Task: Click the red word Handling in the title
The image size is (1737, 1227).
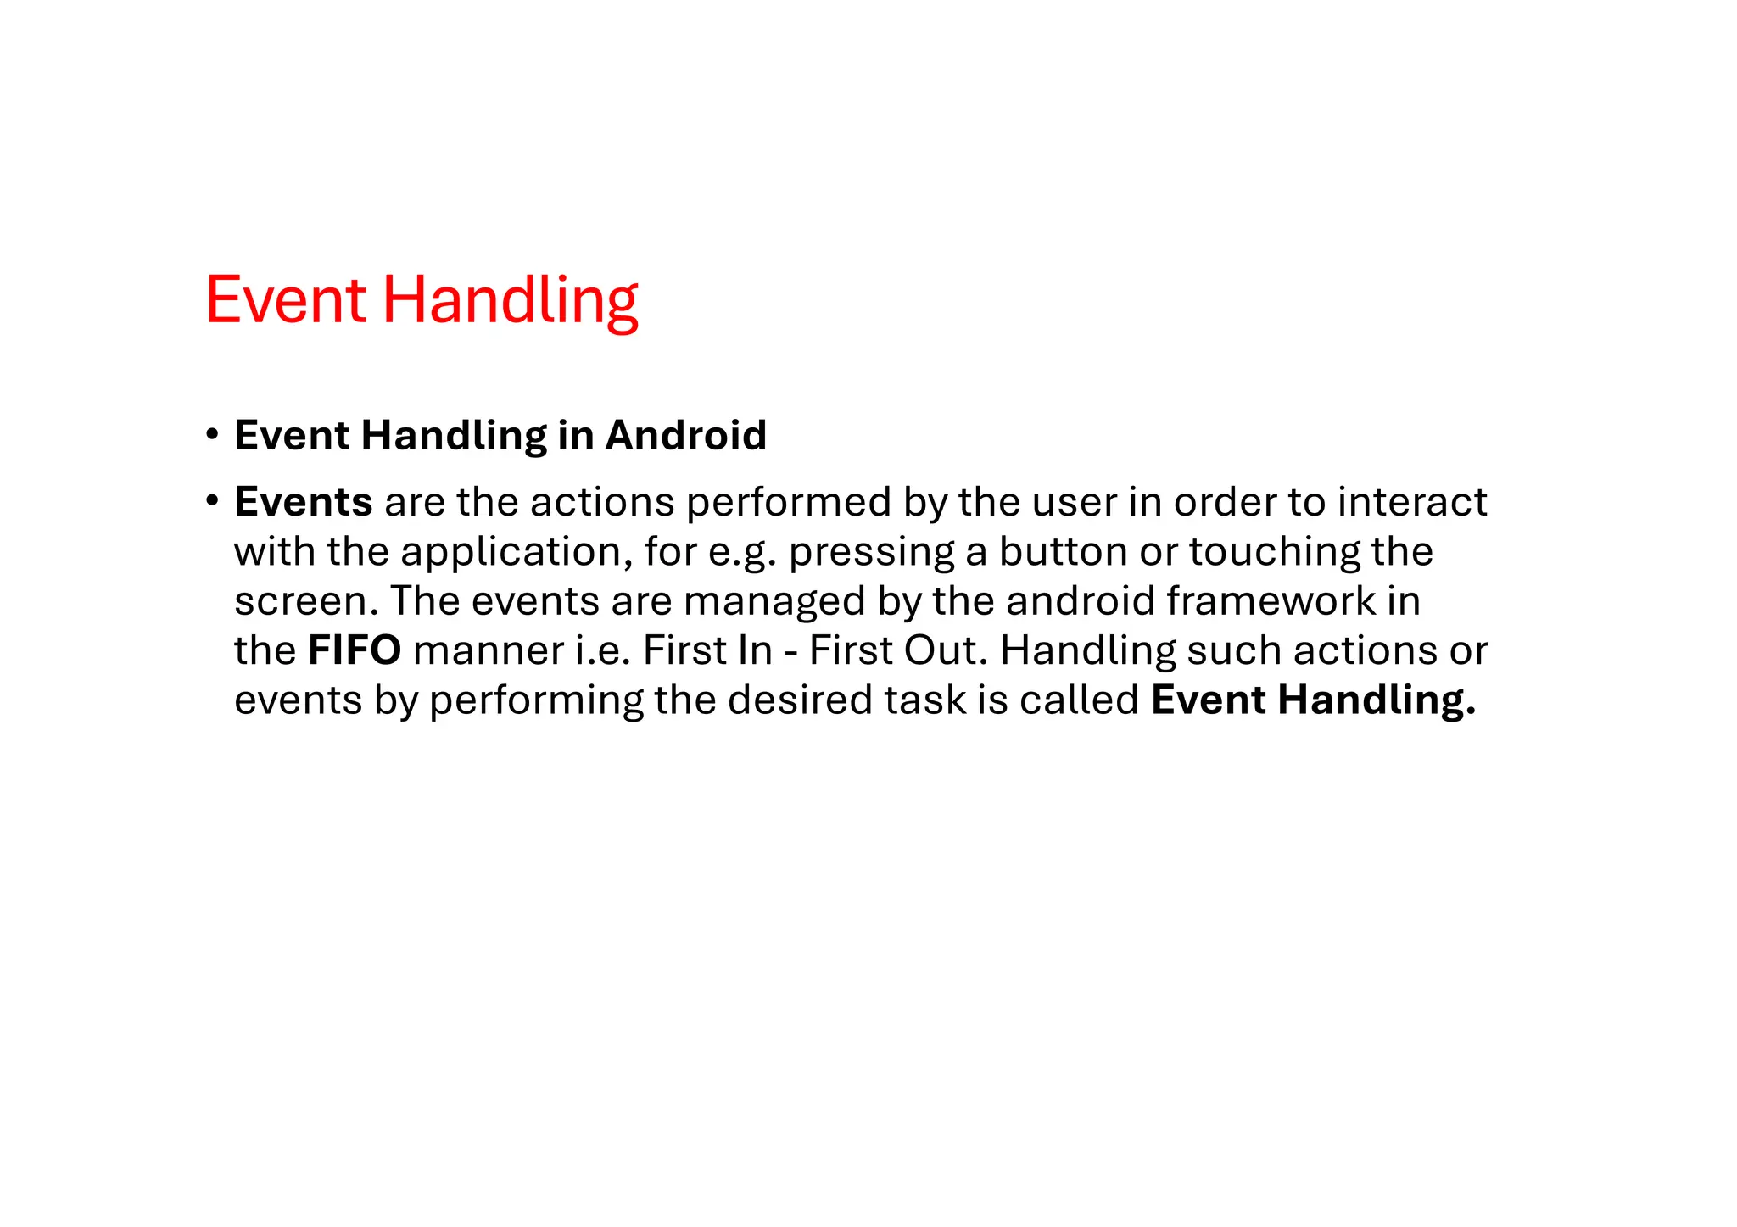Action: pyautogui.click(x=510, y=302)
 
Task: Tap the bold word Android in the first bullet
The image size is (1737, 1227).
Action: pyautogui.click(x=686, y=436)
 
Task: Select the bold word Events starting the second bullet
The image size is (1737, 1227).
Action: pyautogui.click(x=304, y=502)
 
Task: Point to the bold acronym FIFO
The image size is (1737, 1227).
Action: pyautogui.click(x=355, y=650)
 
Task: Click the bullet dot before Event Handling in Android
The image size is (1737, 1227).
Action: pyautogui.click(x=212, y=435)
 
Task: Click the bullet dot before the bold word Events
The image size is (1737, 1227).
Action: pyautogui.click(x=212, y=501)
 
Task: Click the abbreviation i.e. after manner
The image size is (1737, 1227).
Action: pyautogui.click(x=603, y=650)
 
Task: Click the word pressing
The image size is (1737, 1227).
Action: pyautogui.click(x=872, y=553)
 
